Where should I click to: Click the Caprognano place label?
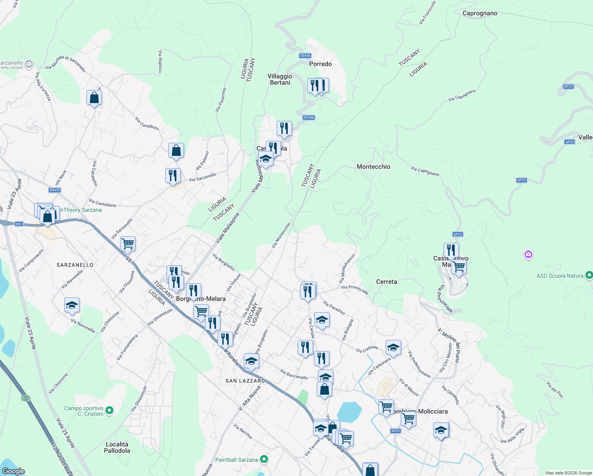pyautogui.click(x=480, y=13)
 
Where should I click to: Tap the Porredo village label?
pyautogui.click(x=320, y=64)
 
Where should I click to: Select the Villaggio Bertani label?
pyautogui.click(x=280, y=79)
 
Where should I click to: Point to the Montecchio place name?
pyautogui.click(x=373, y=167)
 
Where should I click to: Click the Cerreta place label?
pyautogui.click(x=386, y=282)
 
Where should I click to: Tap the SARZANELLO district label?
pyautogui.click(x=75, y=265)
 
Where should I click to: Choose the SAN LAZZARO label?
pyautogui.click(x=245, y=381)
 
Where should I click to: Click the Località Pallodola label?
pyautogui.click(x=117, y=447)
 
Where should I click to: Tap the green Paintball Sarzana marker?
pyautogui.click(x=264, y=460)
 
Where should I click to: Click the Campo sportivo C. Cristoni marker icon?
pyautogui.click(x=110, y=411)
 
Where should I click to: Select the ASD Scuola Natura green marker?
pyautogui.click(x=589, y=275)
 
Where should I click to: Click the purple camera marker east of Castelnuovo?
pyautogui.click(x=528, y=254)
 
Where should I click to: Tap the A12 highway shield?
pyautogui.click(x=26, y=398)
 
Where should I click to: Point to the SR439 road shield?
pyautogui.click(x=55, y=190)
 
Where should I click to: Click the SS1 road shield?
pyautogui.click(x=19, y=224)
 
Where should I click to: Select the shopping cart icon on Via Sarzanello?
pyautogui.click(x=128, y=244)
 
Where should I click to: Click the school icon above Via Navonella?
pyautogui.click(x=72, y=305)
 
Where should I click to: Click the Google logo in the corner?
pyautogui.click(x=13, y=471)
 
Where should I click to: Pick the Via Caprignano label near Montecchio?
pyautogui.click(x=425, y=171)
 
